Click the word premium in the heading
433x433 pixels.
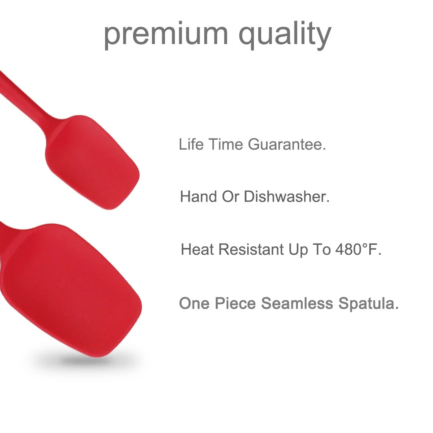[166, 35]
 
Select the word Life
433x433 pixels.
[191, 144]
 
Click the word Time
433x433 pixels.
[226, 144]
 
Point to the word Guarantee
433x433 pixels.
[287, 144]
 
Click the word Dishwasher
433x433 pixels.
[287, 196]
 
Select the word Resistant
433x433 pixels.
[251, 249]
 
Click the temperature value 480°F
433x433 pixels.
[358, 249]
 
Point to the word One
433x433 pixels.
[194, 303]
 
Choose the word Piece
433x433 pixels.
[235, 303]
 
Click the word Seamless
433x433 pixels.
[297, 303]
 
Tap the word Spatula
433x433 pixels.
[368, 304]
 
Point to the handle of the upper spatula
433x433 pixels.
[24, 95]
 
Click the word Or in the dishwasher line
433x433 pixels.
[230, 196]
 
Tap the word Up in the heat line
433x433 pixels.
[298, 250]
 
